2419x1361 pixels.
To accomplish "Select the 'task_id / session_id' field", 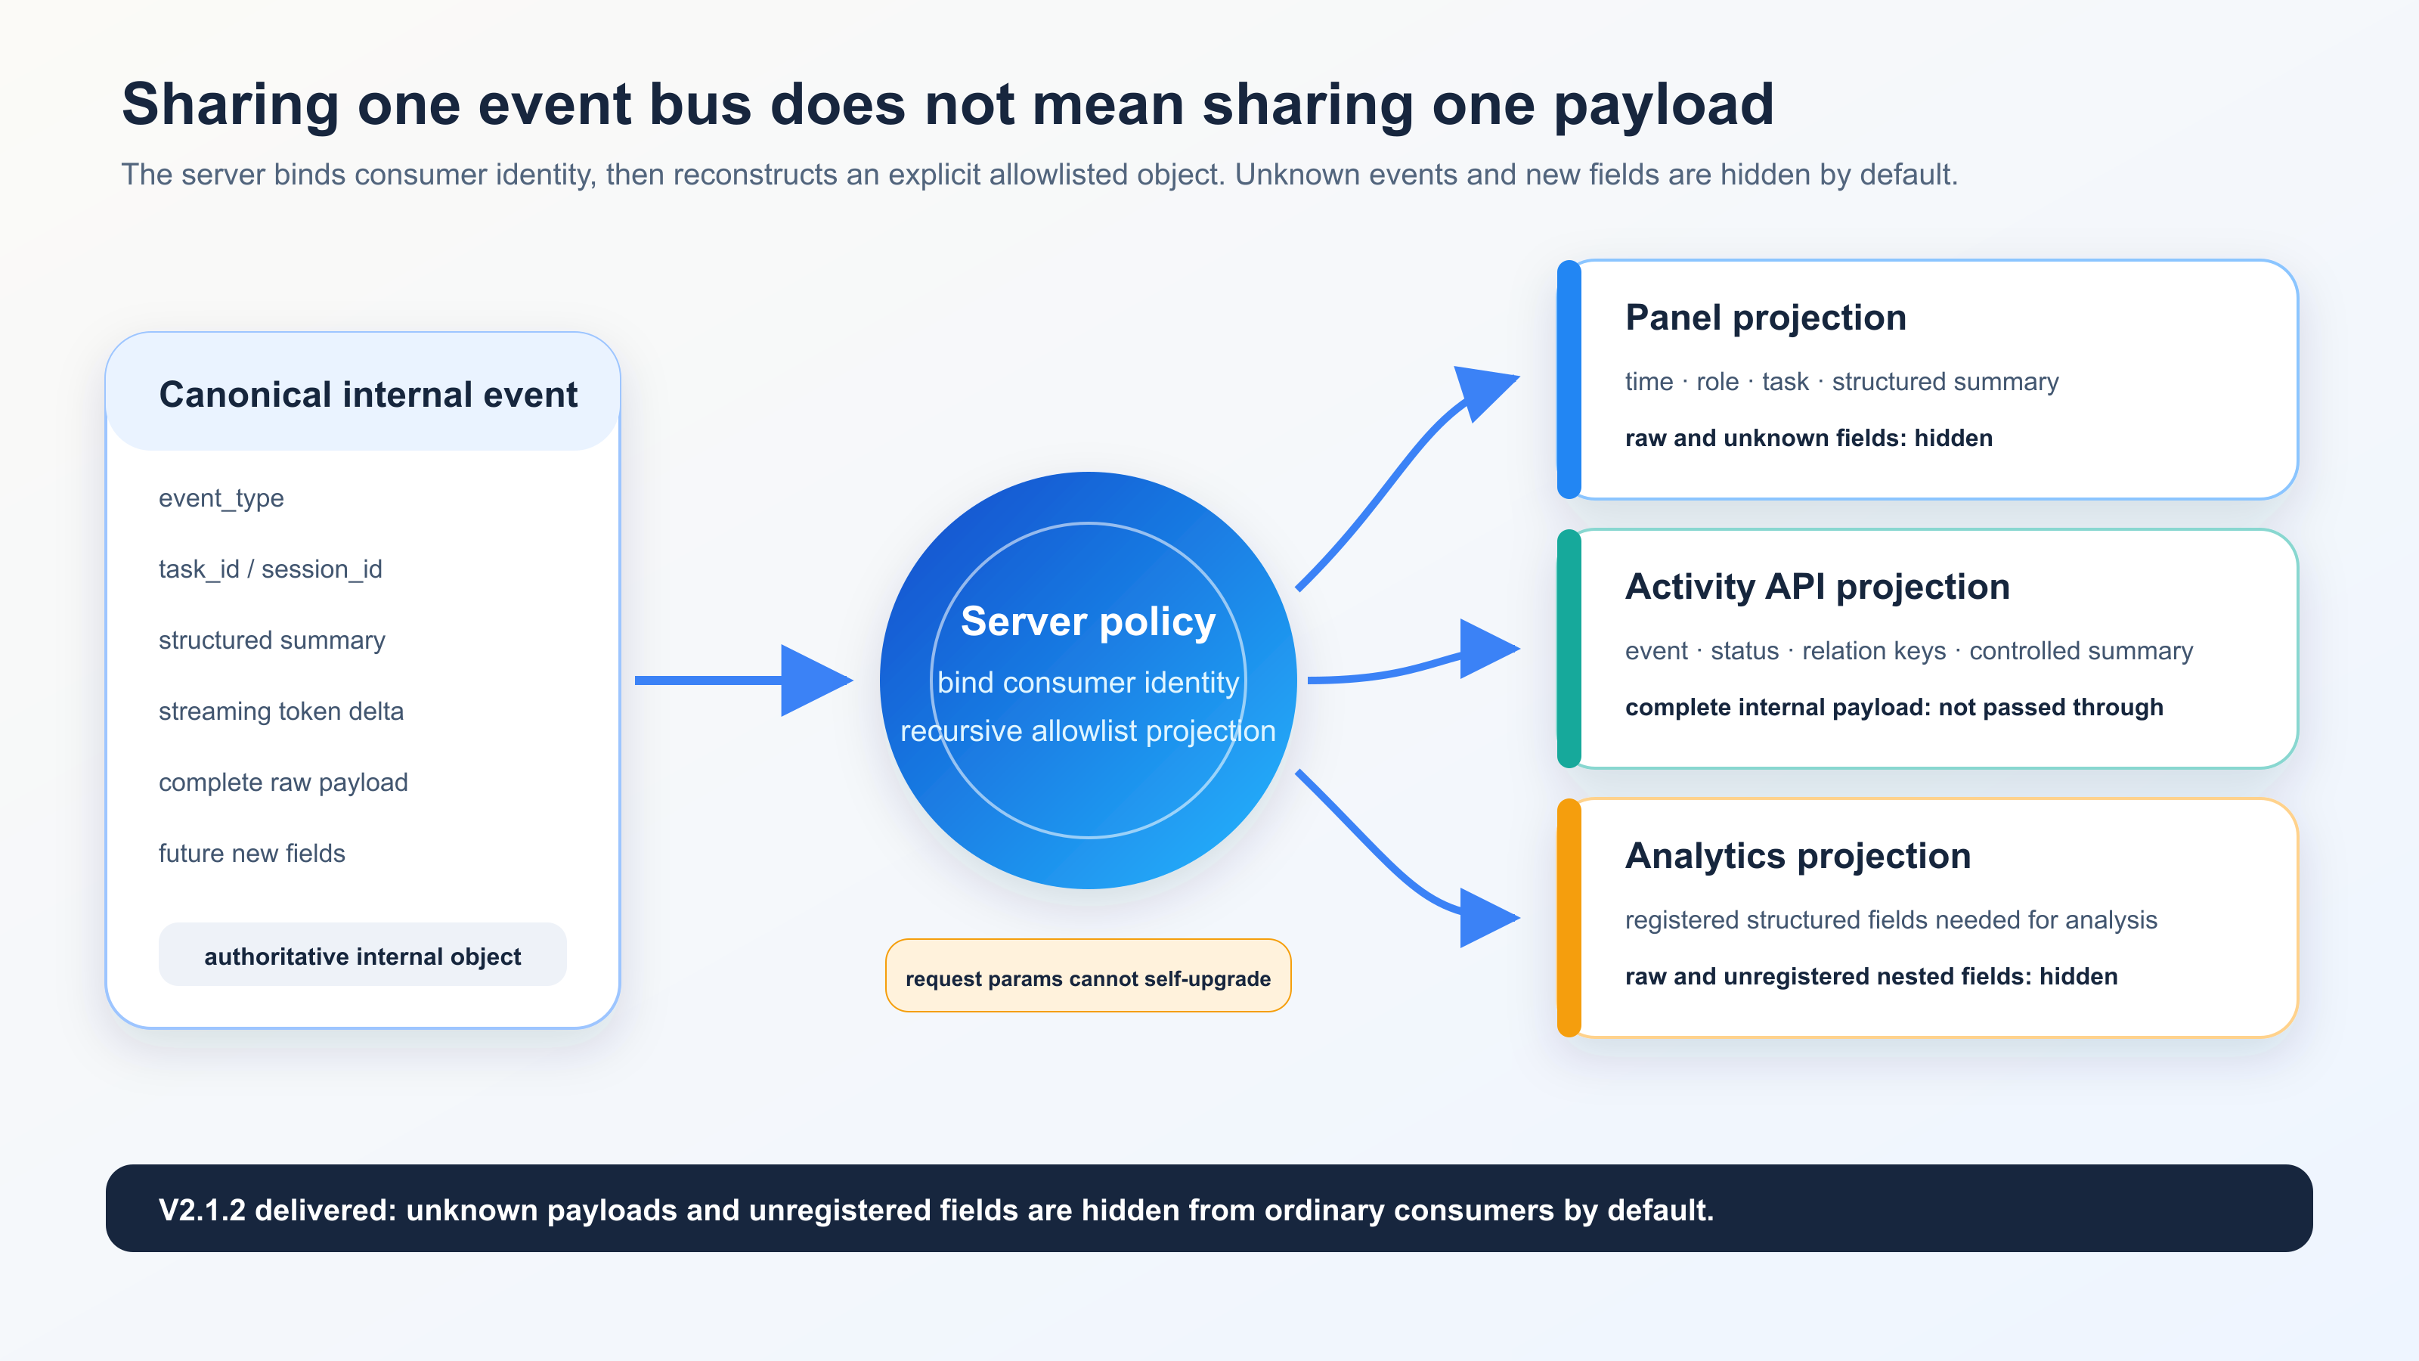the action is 271,569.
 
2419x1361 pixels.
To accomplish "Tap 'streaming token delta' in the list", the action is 280,711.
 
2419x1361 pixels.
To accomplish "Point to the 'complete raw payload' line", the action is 283,783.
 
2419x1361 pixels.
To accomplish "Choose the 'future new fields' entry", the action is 252,853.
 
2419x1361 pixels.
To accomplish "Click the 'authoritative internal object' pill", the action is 363,955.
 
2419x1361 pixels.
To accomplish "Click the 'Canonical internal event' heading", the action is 368,395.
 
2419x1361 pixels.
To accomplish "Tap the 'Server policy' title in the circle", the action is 1089,622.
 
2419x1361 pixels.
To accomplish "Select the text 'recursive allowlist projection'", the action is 1089,730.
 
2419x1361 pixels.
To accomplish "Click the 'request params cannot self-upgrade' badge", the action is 1089,976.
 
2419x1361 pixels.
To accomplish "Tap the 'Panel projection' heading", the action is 1765,318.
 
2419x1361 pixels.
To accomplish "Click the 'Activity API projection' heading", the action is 1817,587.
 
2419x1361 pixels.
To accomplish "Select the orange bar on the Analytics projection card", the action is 1569,918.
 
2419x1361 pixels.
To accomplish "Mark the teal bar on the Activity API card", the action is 1569,648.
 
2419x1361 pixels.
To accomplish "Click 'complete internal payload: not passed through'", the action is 1894,707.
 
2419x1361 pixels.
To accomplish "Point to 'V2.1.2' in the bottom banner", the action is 203,1210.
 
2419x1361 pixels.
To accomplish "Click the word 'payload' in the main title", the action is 1664,104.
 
